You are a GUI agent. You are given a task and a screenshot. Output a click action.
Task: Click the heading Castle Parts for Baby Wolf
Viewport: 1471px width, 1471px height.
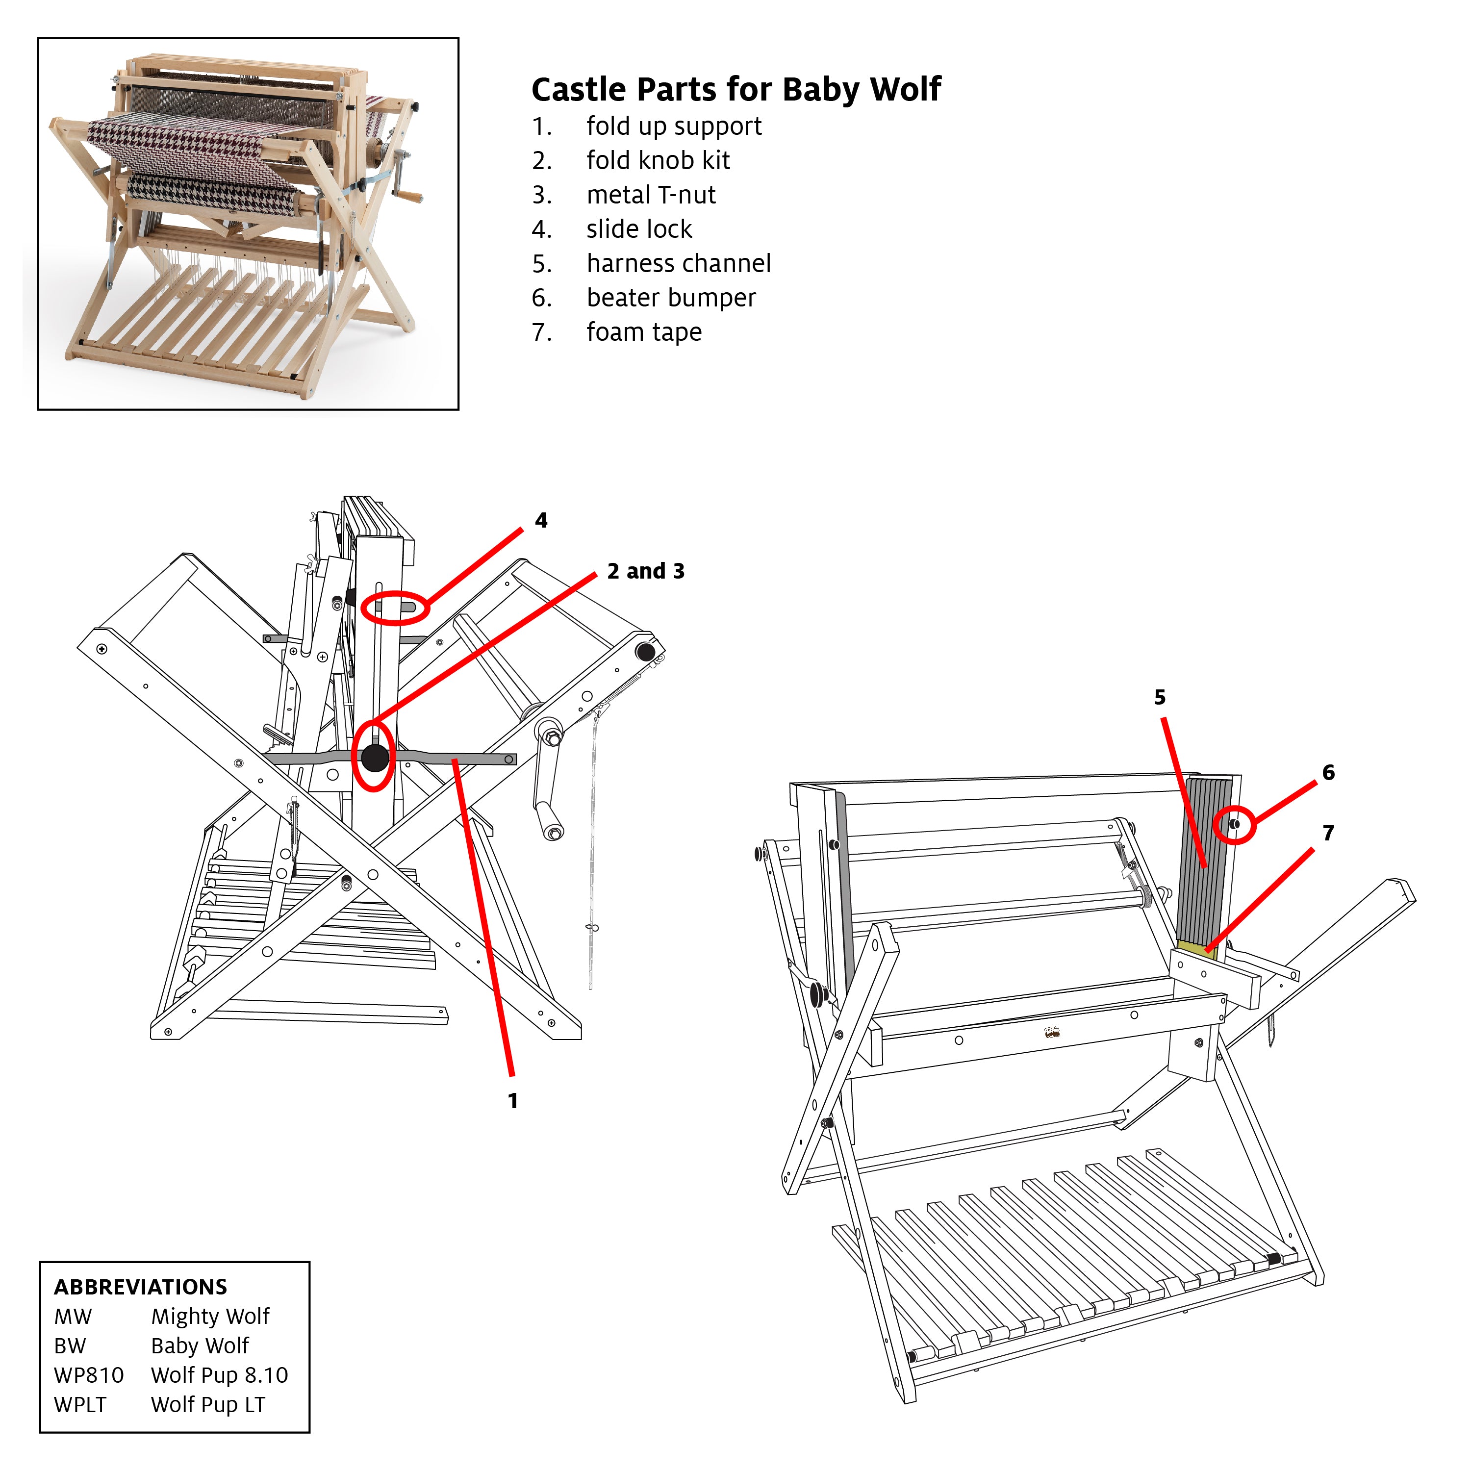point(735,90)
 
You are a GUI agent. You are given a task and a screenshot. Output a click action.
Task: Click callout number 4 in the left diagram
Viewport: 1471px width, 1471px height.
point(540,521)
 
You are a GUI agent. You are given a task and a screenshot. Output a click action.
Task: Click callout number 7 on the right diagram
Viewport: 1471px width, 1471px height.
point(1328,833)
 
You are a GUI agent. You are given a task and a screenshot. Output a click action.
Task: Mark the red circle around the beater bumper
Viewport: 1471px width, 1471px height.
point(1234,825)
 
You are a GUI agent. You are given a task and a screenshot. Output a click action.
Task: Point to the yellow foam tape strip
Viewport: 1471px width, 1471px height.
point(1196,947)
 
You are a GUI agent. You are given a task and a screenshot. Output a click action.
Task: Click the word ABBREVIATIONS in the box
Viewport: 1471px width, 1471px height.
point(140,1287)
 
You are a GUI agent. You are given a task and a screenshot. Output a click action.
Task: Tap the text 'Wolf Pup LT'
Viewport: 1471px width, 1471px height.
point(208,1405)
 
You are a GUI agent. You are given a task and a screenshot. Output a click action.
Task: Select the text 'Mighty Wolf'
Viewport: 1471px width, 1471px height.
point(210,1317)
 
